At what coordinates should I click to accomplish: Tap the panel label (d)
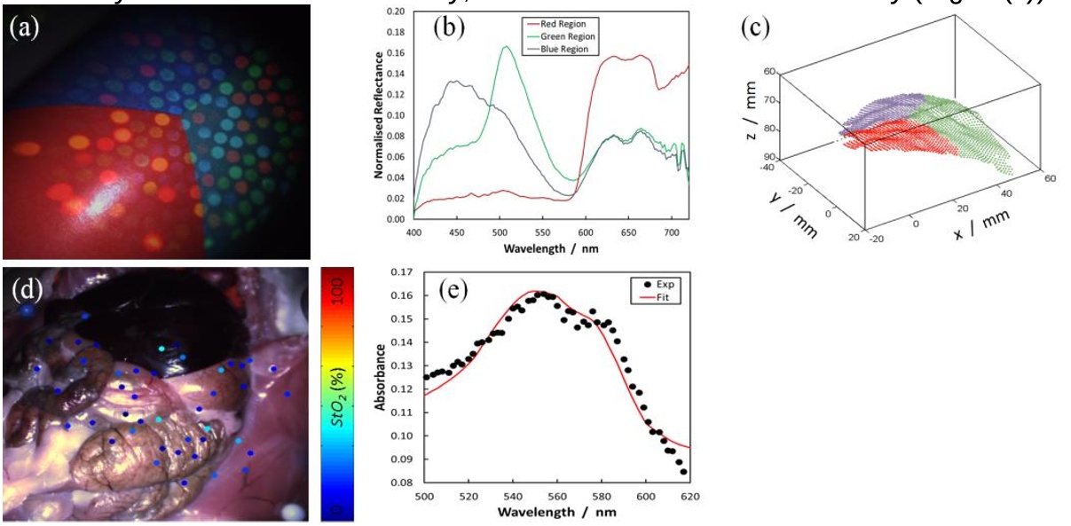click(26, 287)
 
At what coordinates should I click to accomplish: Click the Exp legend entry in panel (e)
click(663, 286)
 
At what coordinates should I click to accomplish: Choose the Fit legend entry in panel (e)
click(661, 299)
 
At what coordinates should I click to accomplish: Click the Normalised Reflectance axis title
click(378, 115)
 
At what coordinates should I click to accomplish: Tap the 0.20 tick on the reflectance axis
click(396, 12)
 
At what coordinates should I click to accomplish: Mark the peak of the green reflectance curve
click(507, 47)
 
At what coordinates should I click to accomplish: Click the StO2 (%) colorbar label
click(336, 394)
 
